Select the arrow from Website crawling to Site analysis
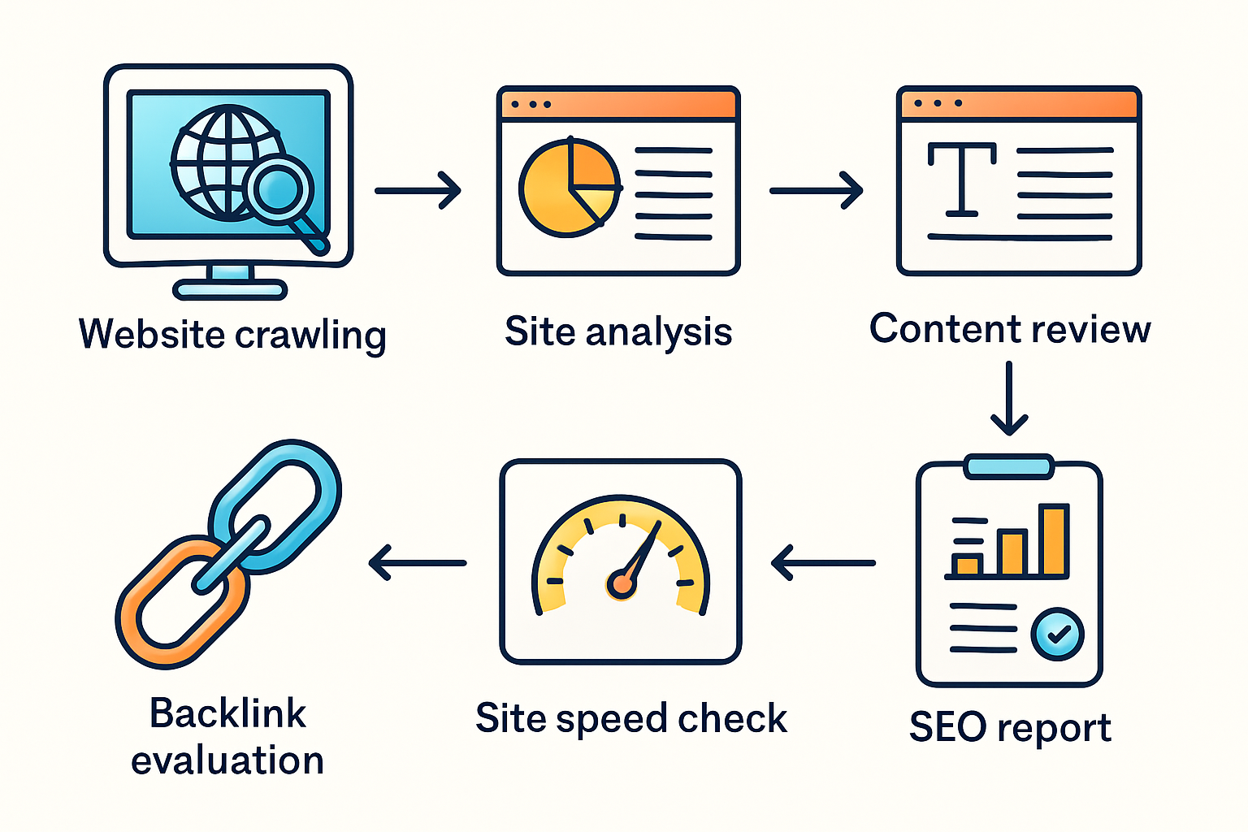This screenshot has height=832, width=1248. pyautogui.click(x=418, y=191)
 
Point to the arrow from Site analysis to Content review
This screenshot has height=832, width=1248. pyautogui.click(x=816, y=191)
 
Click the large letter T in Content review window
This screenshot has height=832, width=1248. pyautogui.click(x=962, y=179)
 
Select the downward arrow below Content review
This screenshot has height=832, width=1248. pyautogui.click(x=1009, y=398)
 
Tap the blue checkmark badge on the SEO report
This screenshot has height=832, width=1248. pyautogui.click(x=1057, y=634)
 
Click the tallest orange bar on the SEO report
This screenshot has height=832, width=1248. pyautogui.click(x=1054, y=540)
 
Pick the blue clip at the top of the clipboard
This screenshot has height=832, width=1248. pyautogui.click(x=1009, y=466)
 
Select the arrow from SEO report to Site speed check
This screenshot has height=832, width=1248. pyautogui.click(x=822, y=562)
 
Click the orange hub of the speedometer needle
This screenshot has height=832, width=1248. pyautogui.click(x=622, y=584)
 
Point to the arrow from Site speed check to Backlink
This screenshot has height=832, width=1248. pyautogui.click(x=418, y=562)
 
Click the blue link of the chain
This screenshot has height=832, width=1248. pyautogui.click(x=276, y=504)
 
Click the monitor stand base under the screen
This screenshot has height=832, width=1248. pyautogui.click(x=231, y=289)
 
